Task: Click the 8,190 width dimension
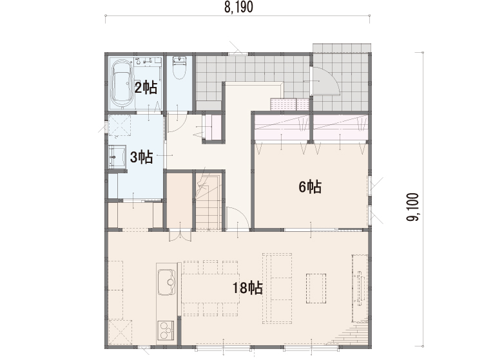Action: point(238,7)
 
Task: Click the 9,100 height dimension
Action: point(413,207)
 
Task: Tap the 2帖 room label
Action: point(146,88)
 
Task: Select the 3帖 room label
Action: point(142,157)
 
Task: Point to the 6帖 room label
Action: point(310,187)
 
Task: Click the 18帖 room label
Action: point(247,288)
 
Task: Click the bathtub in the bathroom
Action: point(122,84)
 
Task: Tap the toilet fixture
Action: point(179,68)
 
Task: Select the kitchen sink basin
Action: point(166,282)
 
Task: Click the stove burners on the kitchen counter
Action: point(166,330)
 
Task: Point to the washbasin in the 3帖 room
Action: point(117,156)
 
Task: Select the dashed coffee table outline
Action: point(316,288)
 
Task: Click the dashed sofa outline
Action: point(277,289)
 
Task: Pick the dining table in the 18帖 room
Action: point(211,289)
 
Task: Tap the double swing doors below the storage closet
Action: point(180,236)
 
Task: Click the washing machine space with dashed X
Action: point(119,125)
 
